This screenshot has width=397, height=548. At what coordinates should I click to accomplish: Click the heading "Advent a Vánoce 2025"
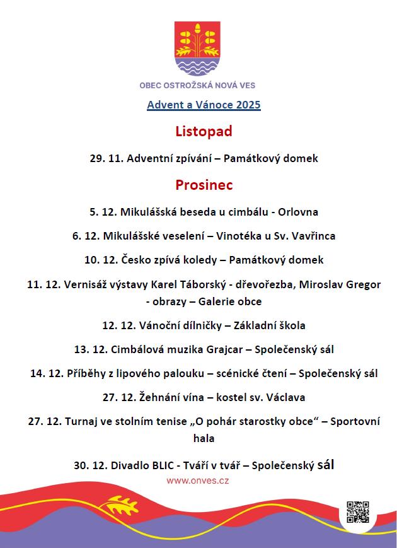[x=204, y=105]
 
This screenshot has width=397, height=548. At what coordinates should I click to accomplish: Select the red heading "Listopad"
[x=204, y=131]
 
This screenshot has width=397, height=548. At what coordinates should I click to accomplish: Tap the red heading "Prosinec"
[x=204, y=185]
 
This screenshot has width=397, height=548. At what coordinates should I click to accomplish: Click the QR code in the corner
[x=357, y=512]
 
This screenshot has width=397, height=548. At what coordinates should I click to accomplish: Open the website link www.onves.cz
[x=197, y=481]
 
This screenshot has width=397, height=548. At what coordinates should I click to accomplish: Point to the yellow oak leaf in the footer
[x=120, y=506]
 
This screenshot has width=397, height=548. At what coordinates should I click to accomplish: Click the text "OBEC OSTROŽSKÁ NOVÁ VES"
[x=197, y=85]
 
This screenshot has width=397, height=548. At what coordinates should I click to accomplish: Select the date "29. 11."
[x=106, y=158]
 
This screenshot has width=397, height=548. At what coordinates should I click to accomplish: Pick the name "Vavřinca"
[x=314, y=236]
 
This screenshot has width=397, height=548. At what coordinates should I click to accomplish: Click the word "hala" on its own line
[x=204, y=437]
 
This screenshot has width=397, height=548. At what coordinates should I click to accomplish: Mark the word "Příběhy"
[x=86, y=373]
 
